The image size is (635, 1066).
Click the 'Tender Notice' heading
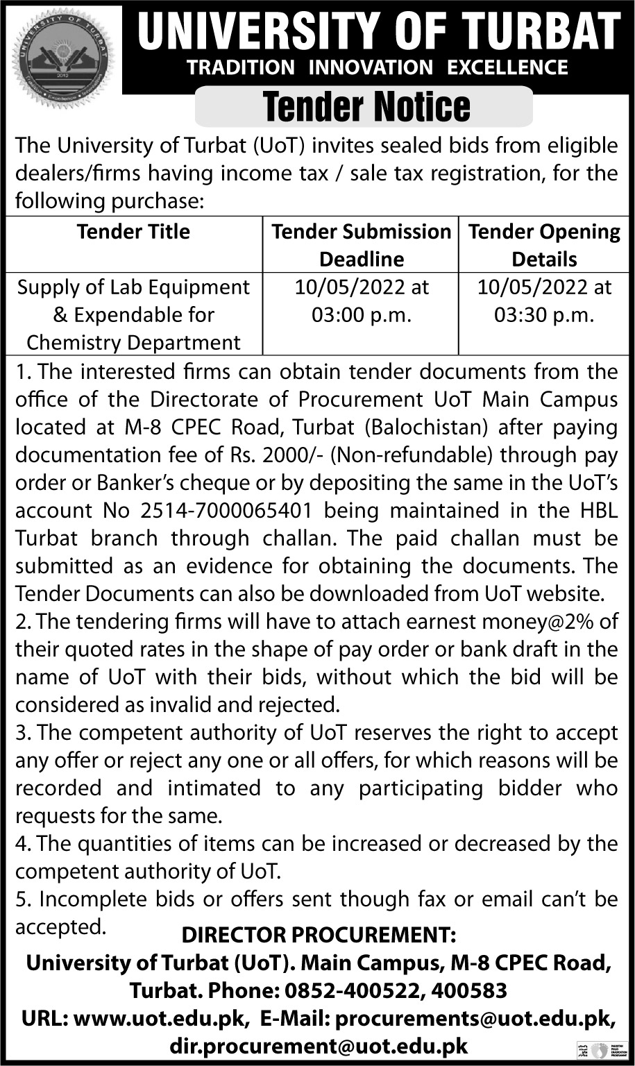(x=367, y=107)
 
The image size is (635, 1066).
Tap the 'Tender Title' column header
(x=133, y=231)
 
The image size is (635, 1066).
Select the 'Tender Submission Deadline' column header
(x=361, y=245)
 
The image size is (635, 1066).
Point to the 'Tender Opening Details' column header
(x=544, y=245)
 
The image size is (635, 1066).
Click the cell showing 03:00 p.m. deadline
(x=362, y=301)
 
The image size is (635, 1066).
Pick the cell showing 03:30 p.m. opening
(x=544, y=301)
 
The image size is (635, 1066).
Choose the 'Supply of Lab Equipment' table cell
(x=133, y=314)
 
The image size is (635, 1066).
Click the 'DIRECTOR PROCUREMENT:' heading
(x=319, y=936)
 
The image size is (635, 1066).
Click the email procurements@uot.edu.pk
(x=475, y=1018)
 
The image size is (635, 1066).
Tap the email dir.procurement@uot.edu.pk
(x=319, y=1046)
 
